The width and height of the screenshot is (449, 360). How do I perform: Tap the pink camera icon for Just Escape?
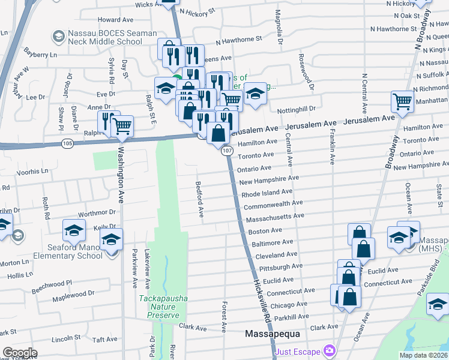click(x=328, y=350)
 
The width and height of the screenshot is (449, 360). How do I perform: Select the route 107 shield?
click(x=226, y=151)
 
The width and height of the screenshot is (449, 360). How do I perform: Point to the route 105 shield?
click(x=67, y=143)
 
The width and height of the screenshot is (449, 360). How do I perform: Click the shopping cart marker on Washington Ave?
click(x=122, y=125)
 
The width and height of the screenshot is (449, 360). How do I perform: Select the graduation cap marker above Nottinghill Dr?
click(x=255, y=94)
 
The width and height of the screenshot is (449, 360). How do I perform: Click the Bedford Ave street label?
click(x=200, y=200)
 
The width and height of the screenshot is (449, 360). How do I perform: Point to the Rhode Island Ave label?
click(x=267, y=193)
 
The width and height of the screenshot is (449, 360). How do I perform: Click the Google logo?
click(x=20, y=353)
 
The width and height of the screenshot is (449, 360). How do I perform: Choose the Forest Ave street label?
click(x=223, y=317)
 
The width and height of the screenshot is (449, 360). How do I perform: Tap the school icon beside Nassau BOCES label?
click(x=58, y=37)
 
